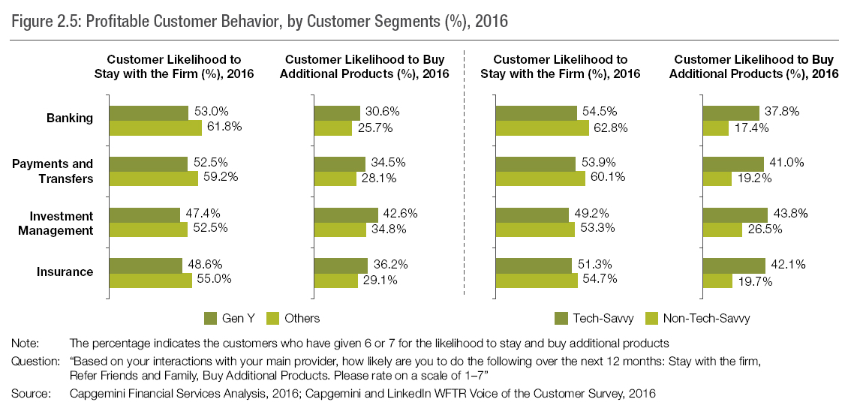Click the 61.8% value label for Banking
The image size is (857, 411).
pos(224,127)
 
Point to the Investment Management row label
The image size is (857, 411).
pos(62,223)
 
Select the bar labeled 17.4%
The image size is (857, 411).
pos(715,128)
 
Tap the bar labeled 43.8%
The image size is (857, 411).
pos(735,214)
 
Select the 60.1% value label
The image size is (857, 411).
pos(607,178)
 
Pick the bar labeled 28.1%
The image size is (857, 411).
pos(335,178)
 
